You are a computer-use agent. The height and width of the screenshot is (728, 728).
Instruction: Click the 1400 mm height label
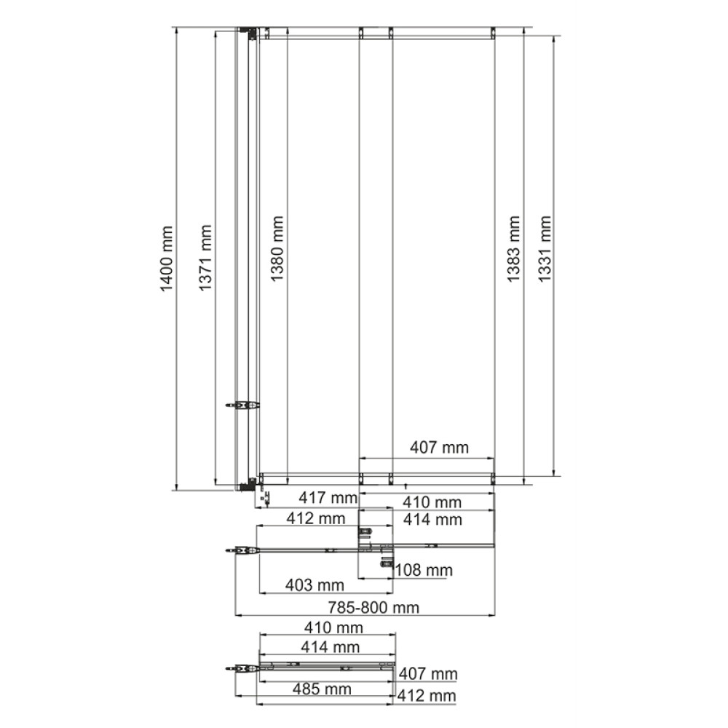point(166,258)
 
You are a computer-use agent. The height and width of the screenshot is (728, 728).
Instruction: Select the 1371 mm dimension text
point(205,258)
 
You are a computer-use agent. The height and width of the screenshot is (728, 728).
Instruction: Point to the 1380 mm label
point(277,248)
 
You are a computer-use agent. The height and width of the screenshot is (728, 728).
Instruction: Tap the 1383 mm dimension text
point(513,248)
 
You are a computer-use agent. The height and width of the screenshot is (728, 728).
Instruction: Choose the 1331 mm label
point(544,248)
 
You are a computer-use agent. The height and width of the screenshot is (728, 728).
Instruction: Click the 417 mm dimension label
point(328,498)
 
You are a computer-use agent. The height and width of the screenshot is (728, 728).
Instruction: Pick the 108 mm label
point(424,570)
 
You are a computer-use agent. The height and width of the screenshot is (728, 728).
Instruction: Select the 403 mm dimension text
point(314,585)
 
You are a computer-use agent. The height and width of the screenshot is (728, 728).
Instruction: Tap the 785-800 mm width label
point(373,607)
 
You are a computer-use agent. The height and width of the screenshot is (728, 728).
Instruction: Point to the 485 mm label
point(322,689)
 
